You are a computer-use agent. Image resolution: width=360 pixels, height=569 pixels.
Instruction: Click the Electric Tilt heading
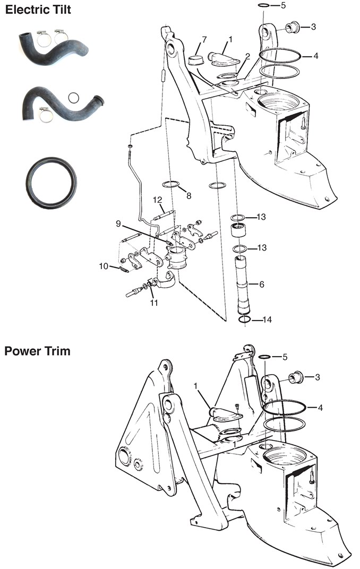click(38, 10)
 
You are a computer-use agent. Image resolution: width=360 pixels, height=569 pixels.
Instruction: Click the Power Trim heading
click(37, 351)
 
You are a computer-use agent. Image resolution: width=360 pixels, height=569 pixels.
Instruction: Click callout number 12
click(157, 200)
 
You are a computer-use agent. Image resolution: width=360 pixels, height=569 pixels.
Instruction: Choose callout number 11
click(154, 303)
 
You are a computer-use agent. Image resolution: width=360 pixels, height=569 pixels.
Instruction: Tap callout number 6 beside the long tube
click(261, 284)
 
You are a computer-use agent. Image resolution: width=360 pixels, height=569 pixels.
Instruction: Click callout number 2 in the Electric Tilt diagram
click(247, 56)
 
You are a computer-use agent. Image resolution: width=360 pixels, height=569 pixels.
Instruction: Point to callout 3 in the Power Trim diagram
click(317, 377)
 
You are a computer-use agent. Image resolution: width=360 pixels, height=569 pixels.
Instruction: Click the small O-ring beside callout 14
click(244, 320)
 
